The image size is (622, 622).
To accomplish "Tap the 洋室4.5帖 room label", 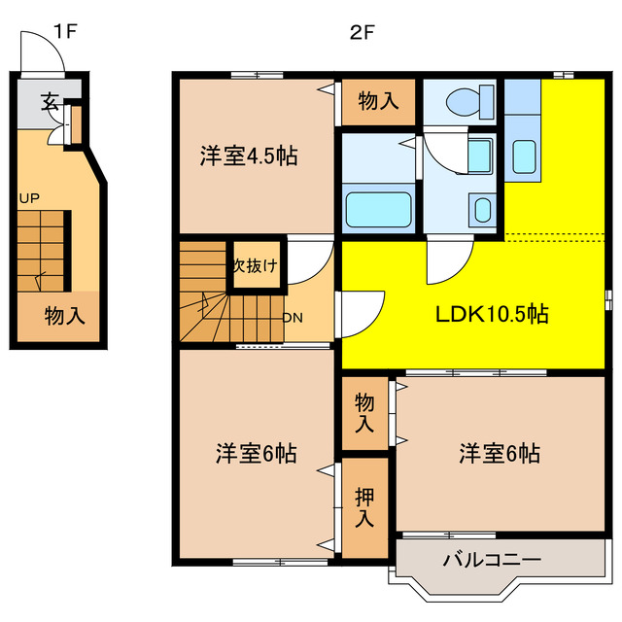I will click(x=249, y=155).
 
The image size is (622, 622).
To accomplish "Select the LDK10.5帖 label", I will click(x=491, y=314).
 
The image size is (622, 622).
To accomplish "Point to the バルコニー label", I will click(x=491, y=561).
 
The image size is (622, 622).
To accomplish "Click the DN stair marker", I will click(x=292, y=317).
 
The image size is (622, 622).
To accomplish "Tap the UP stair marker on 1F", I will click(x=28, y=198).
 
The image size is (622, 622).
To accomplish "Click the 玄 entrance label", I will click(x=49, y=99).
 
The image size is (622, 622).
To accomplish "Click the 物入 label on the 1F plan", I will click(x=64, y=316).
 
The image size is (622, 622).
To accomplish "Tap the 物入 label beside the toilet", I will click(x=378, y=100).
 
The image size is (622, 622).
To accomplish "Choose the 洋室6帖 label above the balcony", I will click(x=501, y=453).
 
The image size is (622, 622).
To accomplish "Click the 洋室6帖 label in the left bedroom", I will click(x=257, y=453).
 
